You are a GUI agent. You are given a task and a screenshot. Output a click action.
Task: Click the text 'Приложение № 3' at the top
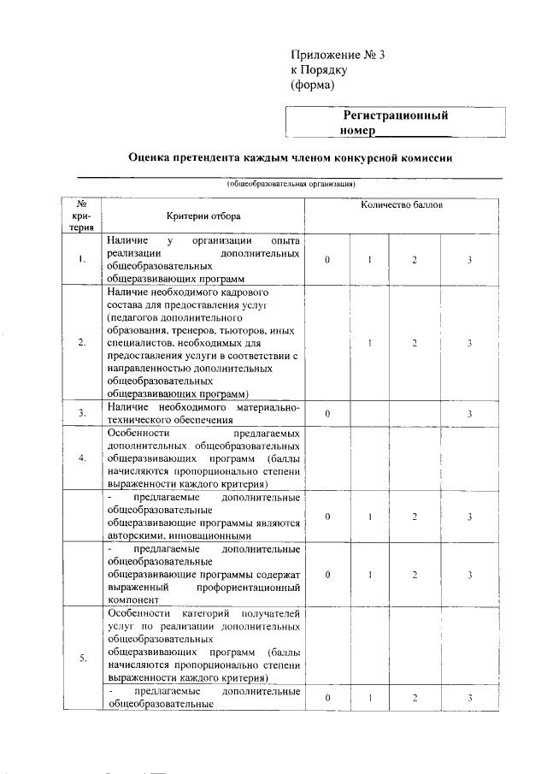point(338,55)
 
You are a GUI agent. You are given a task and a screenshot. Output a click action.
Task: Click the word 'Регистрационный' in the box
point(396,115)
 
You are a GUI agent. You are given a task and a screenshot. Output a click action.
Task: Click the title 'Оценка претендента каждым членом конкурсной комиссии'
point(290,158)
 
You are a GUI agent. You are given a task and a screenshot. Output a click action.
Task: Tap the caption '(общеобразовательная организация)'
point(290,183)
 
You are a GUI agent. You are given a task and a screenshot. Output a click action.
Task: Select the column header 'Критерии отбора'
point(203,217)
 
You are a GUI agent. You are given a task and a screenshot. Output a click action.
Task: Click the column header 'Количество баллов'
point(402,205)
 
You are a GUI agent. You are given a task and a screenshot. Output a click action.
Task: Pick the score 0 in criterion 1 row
point(327,261)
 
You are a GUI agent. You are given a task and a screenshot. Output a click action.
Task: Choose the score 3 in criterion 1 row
point(469,261)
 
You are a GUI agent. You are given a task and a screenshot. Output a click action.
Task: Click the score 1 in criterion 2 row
point(369,343)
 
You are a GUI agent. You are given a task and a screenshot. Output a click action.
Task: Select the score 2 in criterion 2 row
point(415,343)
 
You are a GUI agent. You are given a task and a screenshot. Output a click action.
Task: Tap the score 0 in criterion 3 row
point(327,414)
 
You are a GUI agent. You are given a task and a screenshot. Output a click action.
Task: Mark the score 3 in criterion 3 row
point(469,414)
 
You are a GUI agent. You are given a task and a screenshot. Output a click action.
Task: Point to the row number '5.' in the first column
point(81,658)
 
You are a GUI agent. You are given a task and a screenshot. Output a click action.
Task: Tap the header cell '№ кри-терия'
point(81,216)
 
